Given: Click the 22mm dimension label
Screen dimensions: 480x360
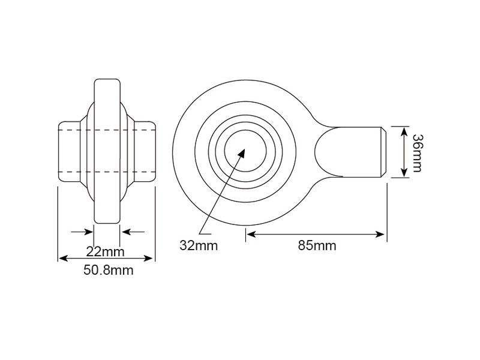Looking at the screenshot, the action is click(x=105, y=252).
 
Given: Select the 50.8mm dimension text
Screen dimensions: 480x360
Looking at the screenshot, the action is click(x=109, y=271).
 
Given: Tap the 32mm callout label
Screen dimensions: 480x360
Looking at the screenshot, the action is click(x=199, y=245).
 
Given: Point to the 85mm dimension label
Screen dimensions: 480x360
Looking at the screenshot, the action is click(x=317, y=245).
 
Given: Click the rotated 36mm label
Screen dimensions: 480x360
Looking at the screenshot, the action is click(x=417, y=153).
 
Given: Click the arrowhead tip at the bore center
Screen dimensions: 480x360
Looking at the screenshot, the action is click(x=245, y=149).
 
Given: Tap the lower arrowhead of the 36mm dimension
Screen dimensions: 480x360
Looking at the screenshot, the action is click(x=404, y=172).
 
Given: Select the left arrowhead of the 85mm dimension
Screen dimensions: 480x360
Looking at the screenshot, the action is click(x=251, y=235).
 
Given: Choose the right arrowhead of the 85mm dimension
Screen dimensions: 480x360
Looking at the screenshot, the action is click(x=380, y=235).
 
